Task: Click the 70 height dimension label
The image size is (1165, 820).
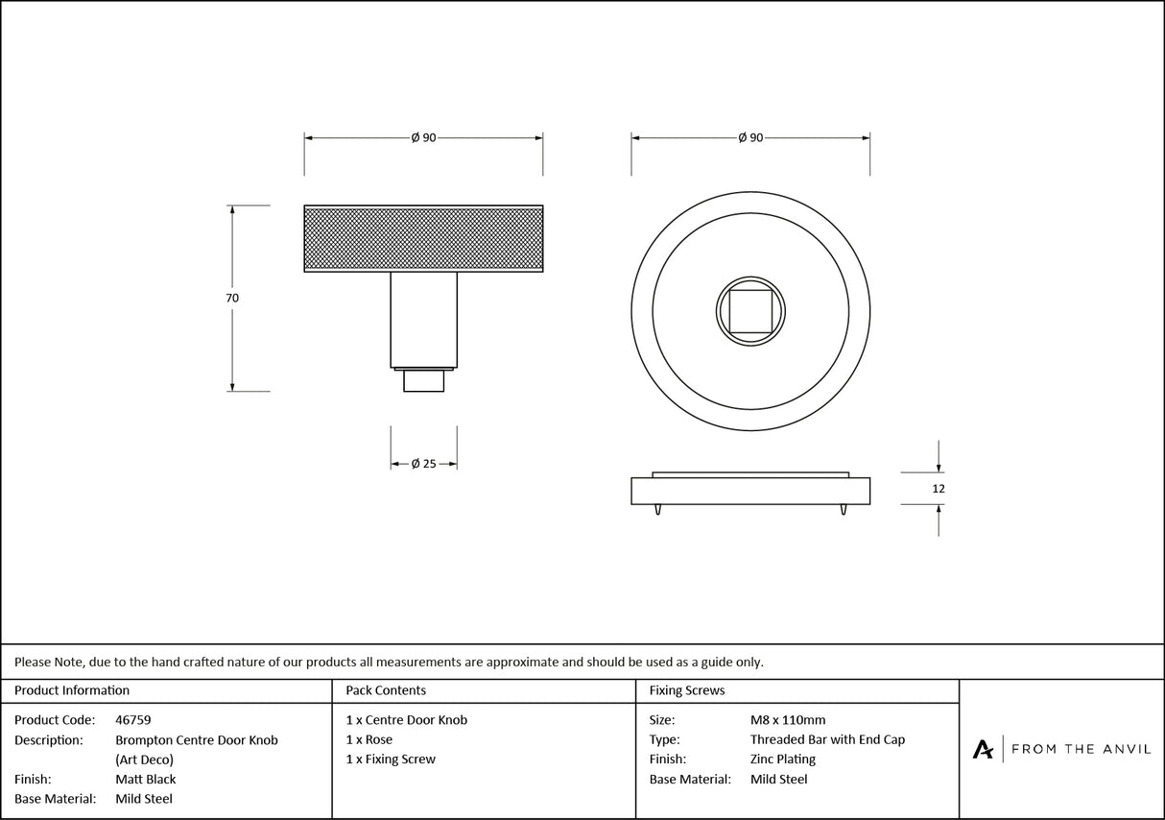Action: click(x=232, y=299)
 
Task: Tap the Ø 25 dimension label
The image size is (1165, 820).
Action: click(x=423, y=464)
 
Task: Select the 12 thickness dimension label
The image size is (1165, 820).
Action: click(x=939, y=489)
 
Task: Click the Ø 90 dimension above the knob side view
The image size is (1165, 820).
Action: click(x=423, y=138)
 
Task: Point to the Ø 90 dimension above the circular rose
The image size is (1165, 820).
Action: click(x=750, y=138)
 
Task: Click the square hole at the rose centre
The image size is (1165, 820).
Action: click(x=750, y=311)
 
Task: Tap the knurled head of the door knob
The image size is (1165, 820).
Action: click(x=423, y=238)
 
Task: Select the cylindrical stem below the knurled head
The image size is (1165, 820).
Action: click(x=423, y=319)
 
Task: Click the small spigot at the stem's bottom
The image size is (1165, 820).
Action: click(x=423, y=381)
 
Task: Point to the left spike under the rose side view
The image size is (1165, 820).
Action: click(x=658, y=509)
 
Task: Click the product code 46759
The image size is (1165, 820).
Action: click(x=132, y=720)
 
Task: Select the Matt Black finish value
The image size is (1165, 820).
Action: click(x=146, y=780)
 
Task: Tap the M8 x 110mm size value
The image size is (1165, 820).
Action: click(x=787, y=720)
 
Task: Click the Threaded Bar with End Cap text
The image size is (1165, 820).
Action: click(x=827, y=740)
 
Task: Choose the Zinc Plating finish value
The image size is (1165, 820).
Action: click(x=782, y=760)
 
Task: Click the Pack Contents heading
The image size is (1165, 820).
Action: click(x=386, y=690)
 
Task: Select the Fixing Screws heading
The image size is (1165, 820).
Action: click(x=687, y=690)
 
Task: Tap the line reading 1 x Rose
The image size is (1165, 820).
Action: click(x=369, y=740)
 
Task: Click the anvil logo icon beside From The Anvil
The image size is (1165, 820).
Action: click(x=983, y=749)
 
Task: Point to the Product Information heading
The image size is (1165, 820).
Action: click(x=72, y=690)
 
